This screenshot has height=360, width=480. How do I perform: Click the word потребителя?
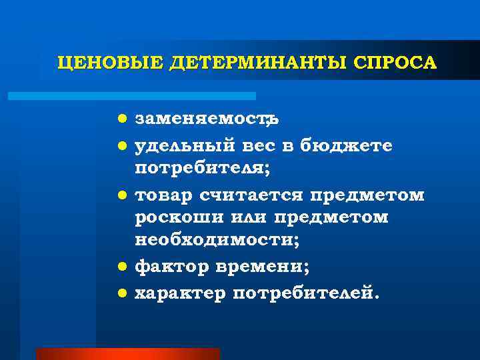(x=202, y=169)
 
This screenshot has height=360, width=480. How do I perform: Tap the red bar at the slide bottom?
(x=127, y=353)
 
